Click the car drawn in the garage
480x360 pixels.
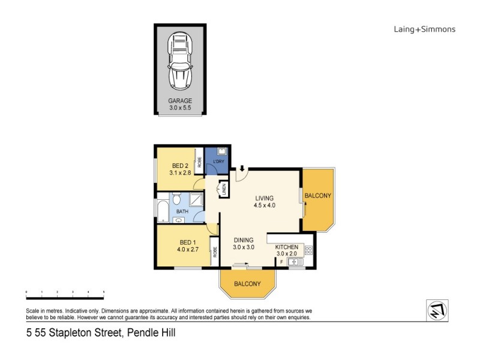(181, 60)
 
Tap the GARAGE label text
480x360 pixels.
(180, 101)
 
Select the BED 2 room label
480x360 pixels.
(181, 166)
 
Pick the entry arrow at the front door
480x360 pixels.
(241, 170)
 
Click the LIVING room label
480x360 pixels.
(264, 198)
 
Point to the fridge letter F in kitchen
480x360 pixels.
(281, 262)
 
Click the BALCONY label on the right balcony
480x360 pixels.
(318, 196)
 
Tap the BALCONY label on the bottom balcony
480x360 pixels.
(247, 283)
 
